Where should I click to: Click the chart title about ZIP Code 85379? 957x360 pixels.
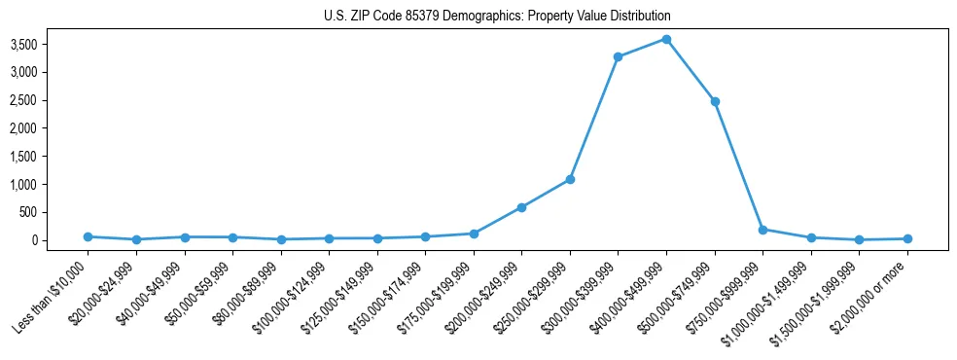tap(497, 17)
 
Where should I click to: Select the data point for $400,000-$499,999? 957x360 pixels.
tap(666, 39)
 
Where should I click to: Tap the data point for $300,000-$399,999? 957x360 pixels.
tap(619, 56)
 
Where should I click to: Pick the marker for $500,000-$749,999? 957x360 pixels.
tap(715, 101)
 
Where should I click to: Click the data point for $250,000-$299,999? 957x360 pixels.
tap(570, 179)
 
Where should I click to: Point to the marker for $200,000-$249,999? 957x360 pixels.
tap(522, 207)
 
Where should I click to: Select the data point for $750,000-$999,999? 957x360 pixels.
tap(762, 230)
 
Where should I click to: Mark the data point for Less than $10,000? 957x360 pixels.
tap(88, 236)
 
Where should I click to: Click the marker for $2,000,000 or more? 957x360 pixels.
tap(907, 238)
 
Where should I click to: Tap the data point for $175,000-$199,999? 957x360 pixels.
tap(474, 234)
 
